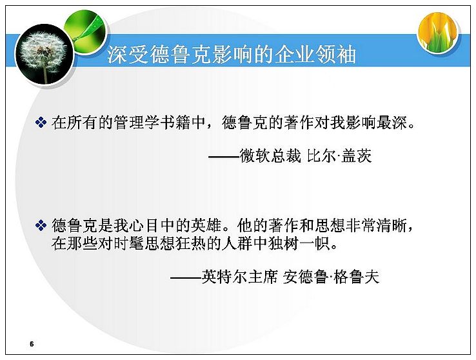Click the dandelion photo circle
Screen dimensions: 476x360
(45, 54)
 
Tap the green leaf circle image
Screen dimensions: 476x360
(86, 30)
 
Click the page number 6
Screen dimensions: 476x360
(32, 344)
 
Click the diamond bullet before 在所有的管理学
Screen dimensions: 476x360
(41, 123)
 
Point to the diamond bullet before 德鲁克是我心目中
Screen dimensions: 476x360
(41, 226)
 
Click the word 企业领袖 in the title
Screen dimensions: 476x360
(315, 55)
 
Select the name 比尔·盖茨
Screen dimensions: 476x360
(339, 156)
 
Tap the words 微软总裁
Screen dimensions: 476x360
(270, 156)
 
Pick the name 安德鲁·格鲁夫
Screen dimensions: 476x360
(331, 277)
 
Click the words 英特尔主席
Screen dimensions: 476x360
(240, 277)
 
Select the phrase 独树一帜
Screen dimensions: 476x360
(299, 244)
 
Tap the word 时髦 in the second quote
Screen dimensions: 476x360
(129, 244)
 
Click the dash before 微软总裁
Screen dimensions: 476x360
(224, 157)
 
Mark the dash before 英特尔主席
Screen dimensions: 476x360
(186, 277)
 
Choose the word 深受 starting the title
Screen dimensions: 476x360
(128, 55)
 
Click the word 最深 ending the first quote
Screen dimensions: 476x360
(392, 123)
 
